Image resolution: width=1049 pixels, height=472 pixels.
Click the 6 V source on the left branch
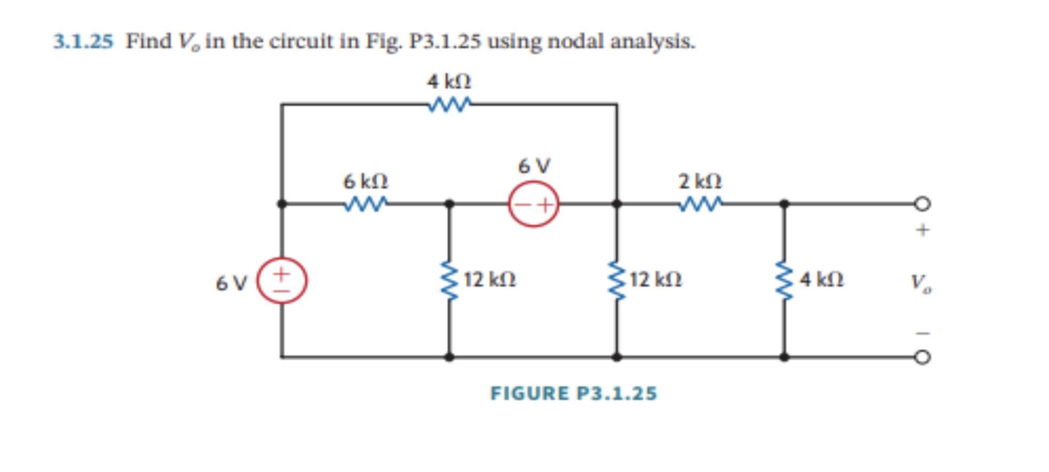tap(282, 280)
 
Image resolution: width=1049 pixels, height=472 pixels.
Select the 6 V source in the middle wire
tap(533, 204)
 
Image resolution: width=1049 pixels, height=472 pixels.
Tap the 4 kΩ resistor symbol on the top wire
tap(449, 104)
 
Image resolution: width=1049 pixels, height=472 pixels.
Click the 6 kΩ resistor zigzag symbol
tap(366, 204)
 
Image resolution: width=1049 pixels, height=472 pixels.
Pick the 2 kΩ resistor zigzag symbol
tap(700, 204)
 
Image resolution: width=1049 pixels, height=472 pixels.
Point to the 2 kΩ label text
tap(700, 182)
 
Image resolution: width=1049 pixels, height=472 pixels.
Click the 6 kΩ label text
tap(366, 181)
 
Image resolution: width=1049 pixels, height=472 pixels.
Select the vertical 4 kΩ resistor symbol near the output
tap(783, 280)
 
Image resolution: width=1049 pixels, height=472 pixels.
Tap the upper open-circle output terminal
tap(922, 204)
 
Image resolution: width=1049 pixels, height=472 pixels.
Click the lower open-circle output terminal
tap(922, 357)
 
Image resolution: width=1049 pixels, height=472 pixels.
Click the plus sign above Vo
tap(922, 230)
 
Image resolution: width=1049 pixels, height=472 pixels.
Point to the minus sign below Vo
tap(922, 333)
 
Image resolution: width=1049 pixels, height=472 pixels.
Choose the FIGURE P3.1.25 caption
tap(573, 394)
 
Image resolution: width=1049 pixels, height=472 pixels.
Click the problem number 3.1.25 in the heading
tap(83, 42)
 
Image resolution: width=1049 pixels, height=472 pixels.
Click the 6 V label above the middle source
tap(534, 166)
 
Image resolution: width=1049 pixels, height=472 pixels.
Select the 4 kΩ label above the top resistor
tap(449, 82)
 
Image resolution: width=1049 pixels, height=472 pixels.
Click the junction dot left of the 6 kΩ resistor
tap(282, 204)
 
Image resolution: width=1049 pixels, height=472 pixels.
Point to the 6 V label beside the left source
tap(232, 283)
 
